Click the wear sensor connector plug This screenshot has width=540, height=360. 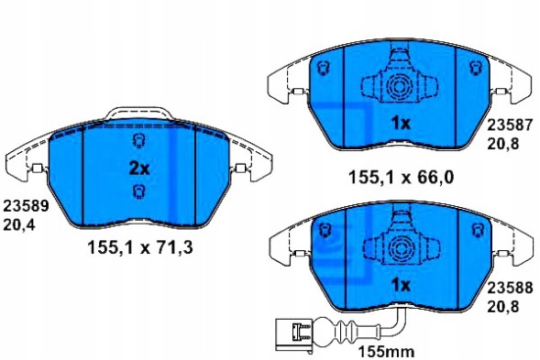[292, 332]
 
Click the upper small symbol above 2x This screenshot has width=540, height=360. [138, 140]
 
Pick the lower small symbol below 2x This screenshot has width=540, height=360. [138, 191]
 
